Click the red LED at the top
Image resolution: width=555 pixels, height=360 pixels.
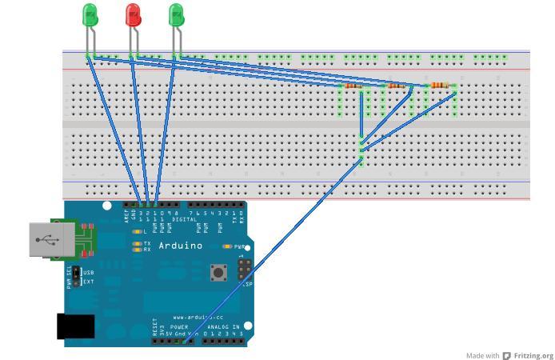click(133, 14)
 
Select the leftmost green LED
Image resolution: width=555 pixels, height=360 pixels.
click(90, 14)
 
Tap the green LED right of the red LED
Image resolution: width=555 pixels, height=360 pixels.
click(176, 14)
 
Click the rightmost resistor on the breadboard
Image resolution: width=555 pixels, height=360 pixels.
click(440, 85)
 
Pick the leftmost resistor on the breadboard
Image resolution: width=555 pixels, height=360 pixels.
click(353, 86)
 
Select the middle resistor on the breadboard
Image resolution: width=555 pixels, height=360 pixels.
click(396, 86)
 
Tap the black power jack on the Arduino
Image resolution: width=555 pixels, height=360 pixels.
click(75, 326)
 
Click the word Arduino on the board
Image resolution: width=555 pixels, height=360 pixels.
click(181, 246)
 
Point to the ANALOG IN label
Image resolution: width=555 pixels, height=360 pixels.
click(222, 326)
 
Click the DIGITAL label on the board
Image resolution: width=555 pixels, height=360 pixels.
click(185, 219)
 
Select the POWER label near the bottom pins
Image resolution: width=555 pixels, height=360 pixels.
click(180, 326)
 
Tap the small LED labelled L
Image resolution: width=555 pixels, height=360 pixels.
click(137, 232)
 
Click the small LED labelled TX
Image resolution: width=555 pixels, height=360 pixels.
click(137, 243)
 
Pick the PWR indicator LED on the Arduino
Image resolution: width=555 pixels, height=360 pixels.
click(228, 246)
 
